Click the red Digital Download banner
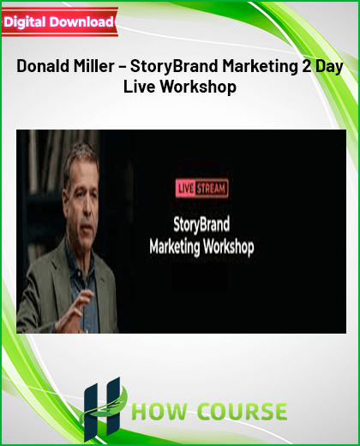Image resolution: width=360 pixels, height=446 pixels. [x=60, y=22]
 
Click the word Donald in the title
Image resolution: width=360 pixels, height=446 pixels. [x=43, y=66]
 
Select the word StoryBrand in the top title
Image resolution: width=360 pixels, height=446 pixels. [x=174, y=67]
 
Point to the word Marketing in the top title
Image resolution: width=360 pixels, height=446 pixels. [x=260, y=67]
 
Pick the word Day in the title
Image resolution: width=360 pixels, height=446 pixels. [x=329, y=67]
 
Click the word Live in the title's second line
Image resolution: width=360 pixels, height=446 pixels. [x=140, y=87]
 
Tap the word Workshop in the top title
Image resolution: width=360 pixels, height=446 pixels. [x=198, y=87]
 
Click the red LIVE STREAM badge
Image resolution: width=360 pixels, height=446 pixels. [x=201, y=189]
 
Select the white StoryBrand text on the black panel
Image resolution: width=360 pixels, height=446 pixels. [x=201, y=225]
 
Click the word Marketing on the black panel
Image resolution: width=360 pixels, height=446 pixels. [x=175, y=247]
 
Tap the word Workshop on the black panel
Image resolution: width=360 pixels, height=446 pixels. [x=228, y=247]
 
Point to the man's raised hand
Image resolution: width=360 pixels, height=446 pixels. [x=75, y=311]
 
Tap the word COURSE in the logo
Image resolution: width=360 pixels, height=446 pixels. [x=243, y=412]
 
